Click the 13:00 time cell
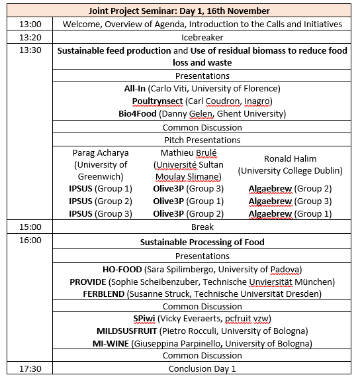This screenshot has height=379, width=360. tap(30, 25)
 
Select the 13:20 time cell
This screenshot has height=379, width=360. tap(30, 37)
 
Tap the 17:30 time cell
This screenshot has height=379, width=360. tap(30, 368)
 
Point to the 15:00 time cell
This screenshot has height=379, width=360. tap(30, 227)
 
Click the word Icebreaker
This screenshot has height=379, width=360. tap(202, 37)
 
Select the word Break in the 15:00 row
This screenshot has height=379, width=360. tap(202, 227)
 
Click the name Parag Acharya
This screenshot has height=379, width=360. tap(100, 152)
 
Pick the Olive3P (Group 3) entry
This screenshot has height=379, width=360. tap(189, 188)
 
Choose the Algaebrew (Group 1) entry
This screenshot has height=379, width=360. tap(290, 213)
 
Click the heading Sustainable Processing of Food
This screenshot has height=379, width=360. tap(202, 242)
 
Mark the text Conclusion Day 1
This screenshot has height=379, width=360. tap(202, 368)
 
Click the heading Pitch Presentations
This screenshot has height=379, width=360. tap(202, 140)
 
